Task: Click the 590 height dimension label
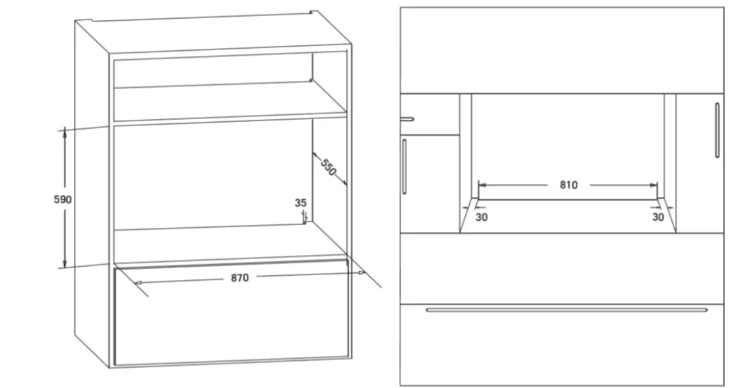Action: (x=63, y=199)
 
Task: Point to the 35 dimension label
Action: (x=300, y=203)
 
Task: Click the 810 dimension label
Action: (x=568, y=185)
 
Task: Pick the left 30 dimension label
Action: (x=482, y=217)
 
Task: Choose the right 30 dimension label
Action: (x=657, y=217)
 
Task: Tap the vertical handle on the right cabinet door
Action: (x=717, y=130)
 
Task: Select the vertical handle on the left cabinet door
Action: (x=404, y=166)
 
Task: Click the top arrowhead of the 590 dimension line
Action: (x=65, y=131)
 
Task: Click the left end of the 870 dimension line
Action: (x=139, y=282)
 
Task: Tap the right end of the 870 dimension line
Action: (x=360, y=273)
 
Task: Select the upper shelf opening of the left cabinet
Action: (x=213, y=70)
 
